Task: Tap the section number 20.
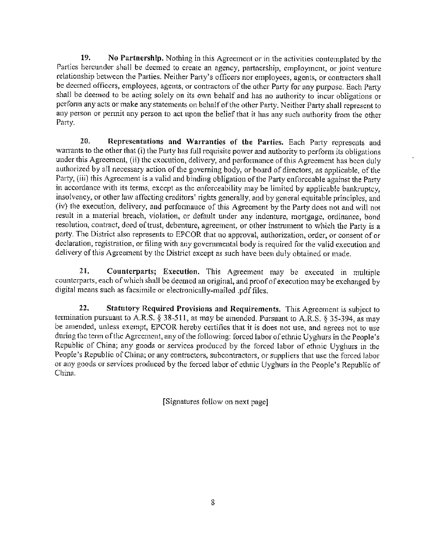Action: (x=85, y=143)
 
